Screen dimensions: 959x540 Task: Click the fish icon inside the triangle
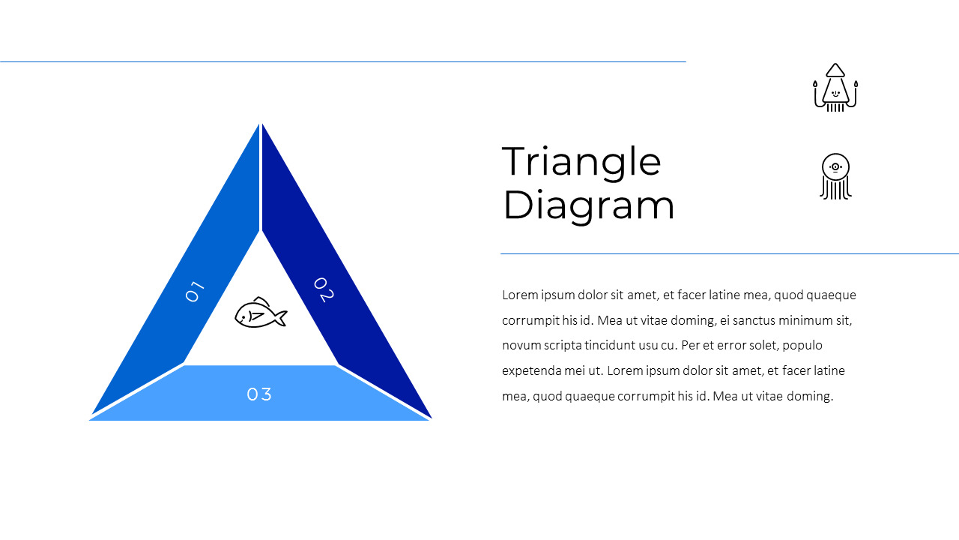pos(261,313)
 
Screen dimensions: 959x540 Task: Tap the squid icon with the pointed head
pos(835,88)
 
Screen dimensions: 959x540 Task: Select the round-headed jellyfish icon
pos(835,176)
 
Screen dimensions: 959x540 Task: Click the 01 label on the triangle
pos(195,292)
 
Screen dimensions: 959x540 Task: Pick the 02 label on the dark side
pos(324,289)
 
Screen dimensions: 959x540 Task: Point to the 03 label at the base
pos(259,394)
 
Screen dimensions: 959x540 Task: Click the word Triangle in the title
pos(581,163)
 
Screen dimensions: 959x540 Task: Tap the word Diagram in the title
pos(589,205)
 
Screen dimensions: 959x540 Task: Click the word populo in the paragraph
pos(802,346)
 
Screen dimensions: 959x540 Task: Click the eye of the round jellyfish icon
pos(835,166)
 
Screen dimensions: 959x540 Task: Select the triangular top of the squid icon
pos(835,70)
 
